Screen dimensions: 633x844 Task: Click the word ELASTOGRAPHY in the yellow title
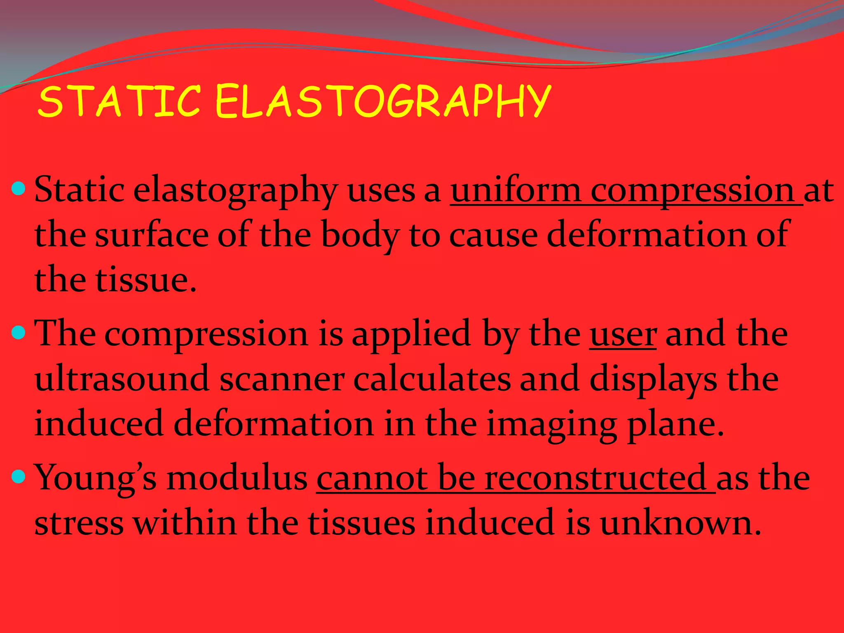coord(382,101)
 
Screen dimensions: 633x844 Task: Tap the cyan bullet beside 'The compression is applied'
coord(19,332)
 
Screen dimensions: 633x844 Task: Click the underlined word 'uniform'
coord(515,190)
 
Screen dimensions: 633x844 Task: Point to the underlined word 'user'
coord(623,334)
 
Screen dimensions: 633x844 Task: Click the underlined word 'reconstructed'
coord(595,478)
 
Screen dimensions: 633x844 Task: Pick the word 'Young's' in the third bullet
coord(95,478)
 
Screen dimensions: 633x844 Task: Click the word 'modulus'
coord(237,478)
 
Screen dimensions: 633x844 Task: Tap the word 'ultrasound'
coord(122,379)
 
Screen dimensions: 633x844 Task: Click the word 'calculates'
coord(431,379)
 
